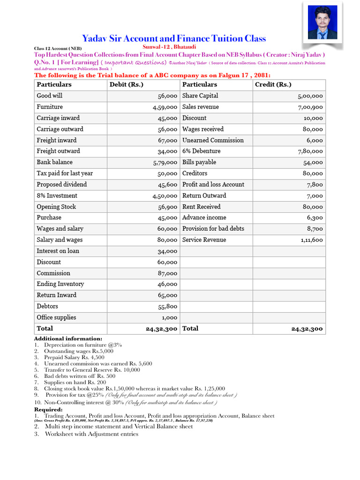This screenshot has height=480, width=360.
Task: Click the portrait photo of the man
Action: (x=322, y=22)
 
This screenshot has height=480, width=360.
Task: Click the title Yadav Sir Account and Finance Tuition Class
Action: (x=174, y=38)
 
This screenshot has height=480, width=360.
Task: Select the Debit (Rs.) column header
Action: (x=126, y=84)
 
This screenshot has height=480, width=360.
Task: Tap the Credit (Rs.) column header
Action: (x=273, y=84)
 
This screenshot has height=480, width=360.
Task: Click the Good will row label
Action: (x=50, y=96)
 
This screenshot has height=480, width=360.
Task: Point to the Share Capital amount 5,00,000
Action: (x=310, y=96)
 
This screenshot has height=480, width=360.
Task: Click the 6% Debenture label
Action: (x=201, y=151)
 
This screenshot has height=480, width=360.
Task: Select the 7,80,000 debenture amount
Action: (x=310, y=151)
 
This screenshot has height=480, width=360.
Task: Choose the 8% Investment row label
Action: (x=57, y=195)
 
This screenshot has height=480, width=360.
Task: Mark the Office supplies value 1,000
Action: (x=169, y=318)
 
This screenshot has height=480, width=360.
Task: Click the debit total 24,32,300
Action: (x=161, y=329)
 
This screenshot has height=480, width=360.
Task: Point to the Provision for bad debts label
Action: (x=213, y=229)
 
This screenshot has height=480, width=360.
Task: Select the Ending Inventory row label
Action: (x=60, y=284)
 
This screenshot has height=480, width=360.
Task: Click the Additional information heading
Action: (x=68, y=338)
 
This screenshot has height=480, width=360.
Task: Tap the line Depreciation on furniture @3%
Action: (x=83, y=345)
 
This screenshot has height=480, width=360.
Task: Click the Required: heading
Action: (x=48, y=409)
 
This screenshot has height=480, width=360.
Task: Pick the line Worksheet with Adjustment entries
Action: (x=91, y=434)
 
